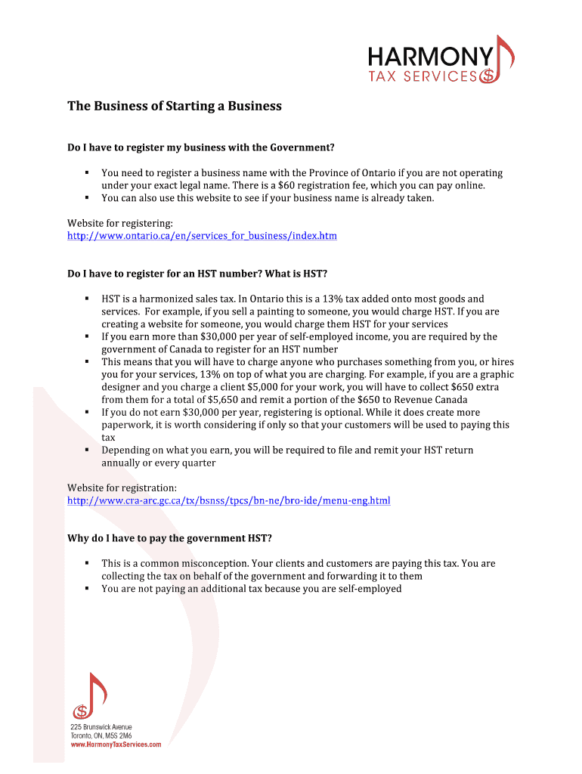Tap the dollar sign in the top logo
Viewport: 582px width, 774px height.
point(488,76)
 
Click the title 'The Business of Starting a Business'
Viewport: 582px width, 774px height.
point(175,106)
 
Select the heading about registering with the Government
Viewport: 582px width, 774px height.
point(201,147)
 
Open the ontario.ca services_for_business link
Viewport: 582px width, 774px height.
point(202,236)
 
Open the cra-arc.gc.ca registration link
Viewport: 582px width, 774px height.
point(229,500)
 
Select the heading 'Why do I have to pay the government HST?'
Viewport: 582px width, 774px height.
point(169,538)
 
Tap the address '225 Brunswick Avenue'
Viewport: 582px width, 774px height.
point(101,727)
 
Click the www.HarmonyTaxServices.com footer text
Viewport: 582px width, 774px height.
point(116,745)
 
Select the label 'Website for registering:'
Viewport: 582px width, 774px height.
point(120,223)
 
